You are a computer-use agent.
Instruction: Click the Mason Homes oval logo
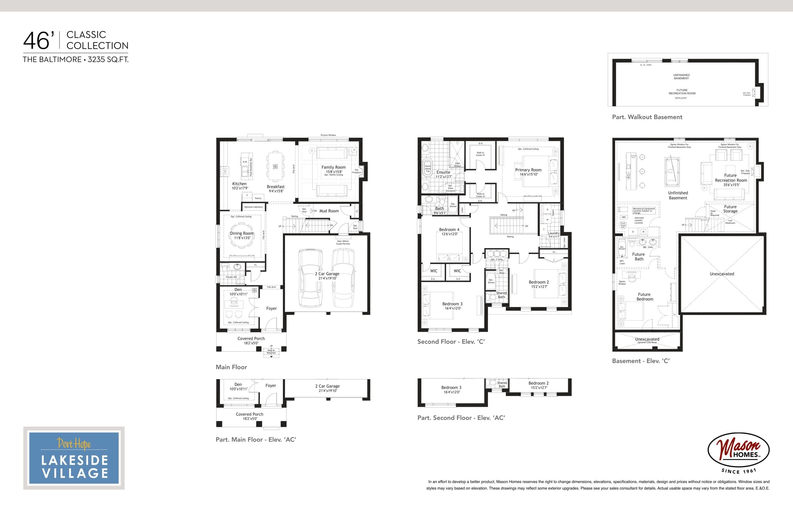point(738,450)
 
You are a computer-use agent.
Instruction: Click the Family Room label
point(333,167)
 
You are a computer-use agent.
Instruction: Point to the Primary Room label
point(528,170)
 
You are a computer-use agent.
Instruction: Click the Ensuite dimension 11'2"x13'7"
point(444,177)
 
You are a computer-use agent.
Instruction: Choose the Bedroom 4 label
point(449,230)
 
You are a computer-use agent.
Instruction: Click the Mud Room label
point(329,211)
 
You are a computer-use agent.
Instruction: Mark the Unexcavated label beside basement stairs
point(722,274)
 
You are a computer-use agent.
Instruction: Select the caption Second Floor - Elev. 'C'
point(451,342)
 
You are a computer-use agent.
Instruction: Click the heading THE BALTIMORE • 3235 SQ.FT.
point(76,59)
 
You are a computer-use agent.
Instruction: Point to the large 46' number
point(39,41)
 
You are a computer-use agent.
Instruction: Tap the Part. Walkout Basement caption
point(647,117)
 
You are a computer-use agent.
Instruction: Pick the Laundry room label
point(554,233)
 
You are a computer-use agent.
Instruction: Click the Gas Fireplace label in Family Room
point(356,171)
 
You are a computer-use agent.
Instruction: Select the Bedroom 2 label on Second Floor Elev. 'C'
point(539,282)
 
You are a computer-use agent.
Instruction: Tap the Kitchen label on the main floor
point(239,184)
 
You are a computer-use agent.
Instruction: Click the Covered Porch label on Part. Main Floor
point(249,414)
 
